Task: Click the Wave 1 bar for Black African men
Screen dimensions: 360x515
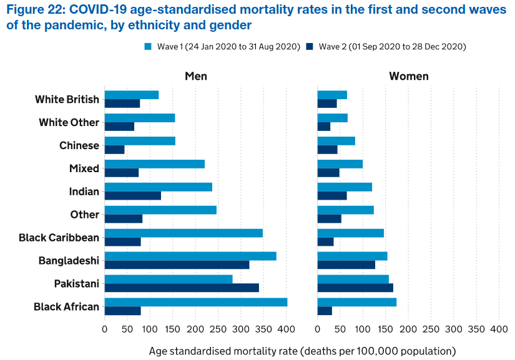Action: pyautogui.click(x=195, y=302)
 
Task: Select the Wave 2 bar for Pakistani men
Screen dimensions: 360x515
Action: pyautogui.click(x=181, y=288)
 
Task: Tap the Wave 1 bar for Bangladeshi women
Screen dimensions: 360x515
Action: pyautogui.click(x=352, y=256)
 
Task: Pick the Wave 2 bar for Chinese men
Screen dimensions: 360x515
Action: pyautogui.click(x=114, y=150)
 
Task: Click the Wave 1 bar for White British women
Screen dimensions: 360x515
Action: pyautogui.click(x=332, y=95)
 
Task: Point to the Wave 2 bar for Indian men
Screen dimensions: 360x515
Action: pyautogui.click(x=132, y=196)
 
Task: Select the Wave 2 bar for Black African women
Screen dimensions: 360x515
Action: pyautogui.click(x=325, y=311)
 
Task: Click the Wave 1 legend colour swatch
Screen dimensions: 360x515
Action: pyautogui.click(x=148, y=47)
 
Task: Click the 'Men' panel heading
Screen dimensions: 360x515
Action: pyautogui.click(x=195, y=76)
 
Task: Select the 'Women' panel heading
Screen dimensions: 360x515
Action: pyautogui.click(x=408, y=76)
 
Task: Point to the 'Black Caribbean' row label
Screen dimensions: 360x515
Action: pyautogui.click(x=59, y=238)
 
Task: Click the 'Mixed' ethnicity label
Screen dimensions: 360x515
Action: pyautogui.click(x=84, y=168)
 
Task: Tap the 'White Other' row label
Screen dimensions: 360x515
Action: pyautogui.click(x=69, y=122)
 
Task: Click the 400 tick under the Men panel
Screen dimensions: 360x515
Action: pyautogui.click(x=286, y=329)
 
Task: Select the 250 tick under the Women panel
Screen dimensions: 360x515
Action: pyautogui.click(x=431, y=329)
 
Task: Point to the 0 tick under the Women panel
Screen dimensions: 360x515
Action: pyautogui.click(x=318, y=329)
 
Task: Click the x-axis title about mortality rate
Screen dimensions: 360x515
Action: pyautogui.click(x=302, y=351)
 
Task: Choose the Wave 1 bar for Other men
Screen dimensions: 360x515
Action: pyautogui.click(x=160, y=210)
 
